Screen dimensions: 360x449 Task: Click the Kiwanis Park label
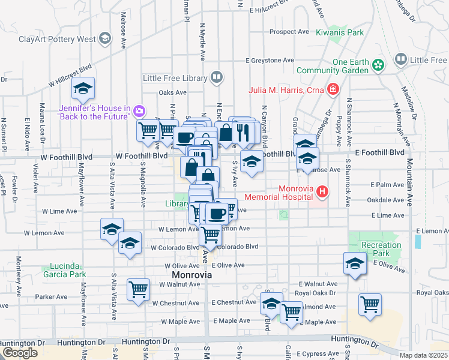340,32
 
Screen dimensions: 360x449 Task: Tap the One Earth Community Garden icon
378,64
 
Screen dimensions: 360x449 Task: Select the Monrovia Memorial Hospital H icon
322,192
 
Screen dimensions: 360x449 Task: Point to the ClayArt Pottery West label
56,40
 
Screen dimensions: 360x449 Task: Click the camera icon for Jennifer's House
139,111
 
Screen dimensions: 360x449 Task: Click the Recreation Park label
381,250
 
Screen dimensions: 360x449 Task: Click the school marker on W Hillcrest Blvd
83,89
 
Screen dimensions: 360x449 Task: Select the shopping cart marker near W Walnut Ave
139,289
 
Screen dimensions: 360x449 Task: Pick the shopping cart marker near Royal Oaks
370,304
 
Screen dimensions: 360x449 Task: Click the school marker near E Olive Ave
355,263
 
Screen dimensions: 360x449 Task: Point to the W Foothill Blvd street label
142,155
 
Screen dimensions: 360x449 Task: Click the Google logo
19,353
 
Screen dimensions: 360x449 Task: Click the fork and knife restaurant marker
243,132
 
